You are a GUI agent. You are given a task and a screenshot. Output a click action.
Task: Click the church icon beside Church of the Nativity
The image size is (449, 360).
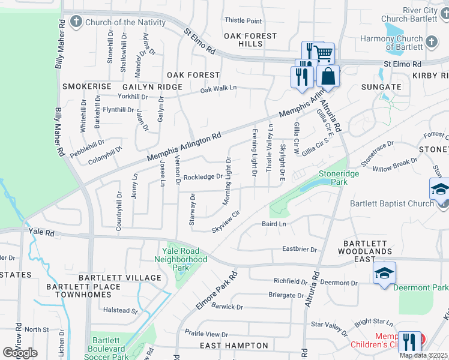[x=76, y=23]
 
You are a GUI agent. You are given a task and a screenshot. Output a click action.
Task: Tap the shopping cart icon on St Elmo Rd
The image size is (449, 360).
[x=324, y=53]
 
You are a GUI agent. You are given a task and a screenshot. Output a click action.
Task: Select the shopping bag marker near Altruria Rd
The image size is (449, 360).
[x=328, y=76]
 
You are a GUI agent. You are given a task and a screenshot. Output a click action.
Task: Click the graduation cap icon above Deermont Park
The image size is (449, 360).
[x=384, y=274]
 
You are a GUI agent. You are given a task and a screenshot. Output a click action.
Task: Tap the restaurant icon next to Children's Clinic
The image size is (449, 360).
[x=410, y=341]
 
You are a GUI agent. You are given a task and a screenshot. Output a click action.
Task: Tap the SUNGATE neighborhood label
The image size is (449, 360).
[x=381, y=86]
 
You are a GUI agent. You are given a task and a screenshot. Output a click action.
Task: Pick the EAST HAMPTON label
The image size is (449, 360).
[x=234, y=346]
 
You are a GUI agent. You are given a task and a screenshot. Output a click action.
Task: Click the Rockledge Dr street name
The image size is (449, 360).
[x=203, y=177]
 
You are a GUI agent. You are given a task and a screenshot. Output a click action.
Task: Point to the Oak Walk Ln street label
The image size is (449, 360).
[x=218, y=89]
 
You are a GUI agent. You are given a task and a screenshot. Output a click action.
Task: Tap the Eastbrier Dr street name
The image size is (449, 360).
[x=299, y=249]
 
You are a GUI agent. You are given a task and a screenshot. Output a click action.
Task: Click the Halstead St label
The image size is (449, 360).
[x=121, y=310]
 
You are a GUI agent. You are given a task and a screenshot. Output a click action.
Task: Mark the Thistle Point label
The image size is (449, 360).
[x=243, y=21]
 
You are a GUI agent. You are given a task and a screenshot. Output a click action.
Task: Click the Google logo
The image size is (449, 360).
[x=20, y=353]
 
